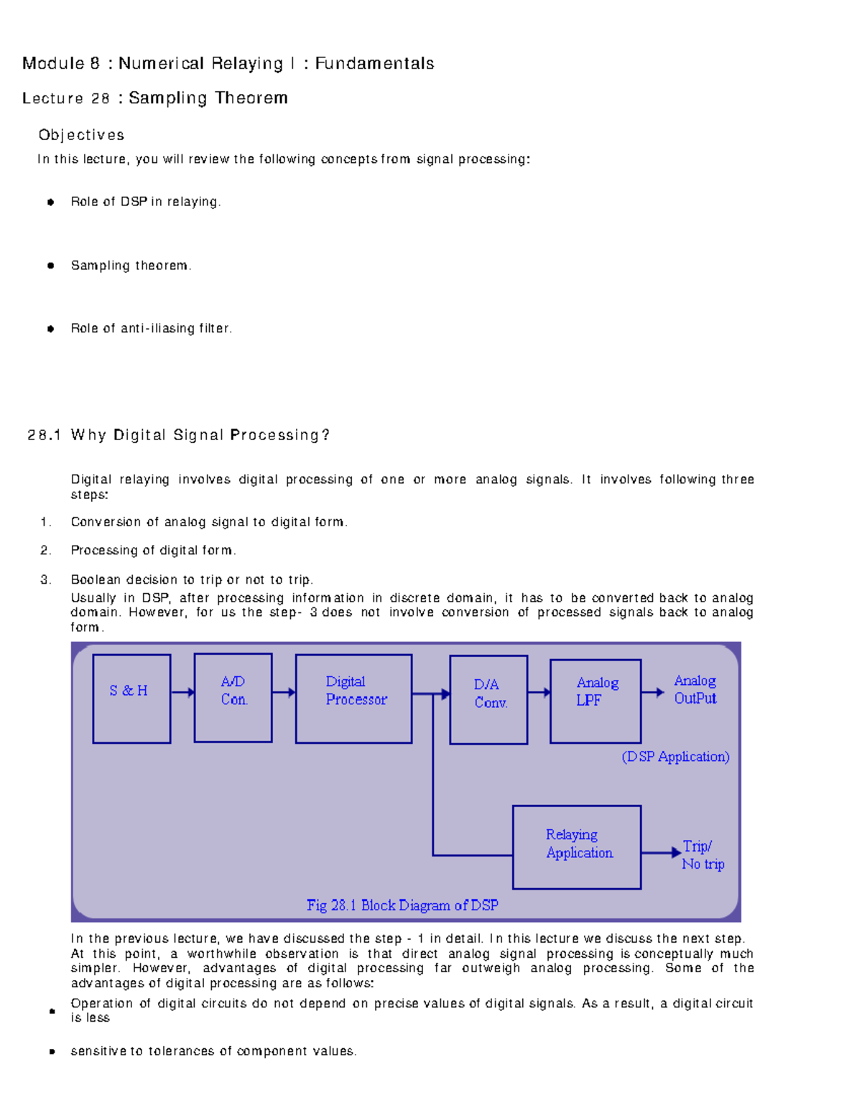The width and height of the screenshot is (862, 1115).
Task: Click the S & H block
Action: (x=131, y=698)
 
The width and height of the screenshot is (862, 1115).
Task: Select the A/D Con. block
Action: (x=233, y=697)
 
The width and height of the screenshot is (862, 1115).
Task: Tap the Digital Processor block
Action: (x=353, y=698)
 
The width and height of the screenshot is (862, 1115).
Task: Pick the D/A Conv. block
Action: (x=488, y=699)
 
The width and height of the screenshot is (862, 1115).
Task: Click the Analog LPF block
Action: (x=595, y=701)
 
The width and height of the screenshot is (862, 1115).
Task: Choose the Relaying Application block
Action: (x=576, y=846)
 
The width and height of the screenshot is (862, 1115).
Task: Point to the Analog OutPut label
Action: (x=695, y=689)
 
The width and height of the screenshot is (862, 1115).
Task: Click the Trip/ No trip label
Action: (x=703, y=854)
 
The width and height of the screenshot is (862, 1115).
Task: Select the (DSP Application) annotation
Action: (x=675, y=757)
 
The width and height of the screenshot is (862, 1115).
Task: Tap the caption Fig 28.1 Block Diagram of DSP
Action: (x=402, y=905)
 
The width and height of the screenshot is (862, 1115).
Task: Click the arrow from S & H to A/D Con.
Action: (x=182, y=692)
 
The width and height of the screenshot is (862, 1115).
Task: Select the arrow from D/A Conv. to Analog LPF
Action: (x=539, y=692)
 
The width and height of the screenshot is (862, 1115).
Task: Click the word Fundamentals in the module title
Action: (x=374, y=64)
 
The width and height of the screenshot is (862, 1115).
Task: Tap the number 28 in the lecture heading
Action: (x=100, y=98)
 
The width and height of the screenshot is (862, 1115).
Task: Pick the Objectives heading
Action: (x=81, y=135)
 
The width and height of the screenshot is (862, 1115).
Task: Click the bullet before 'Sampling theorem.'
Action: (x=50, y=266)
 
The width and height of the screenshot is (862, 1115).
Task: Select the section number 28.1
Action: (x=44, y=435)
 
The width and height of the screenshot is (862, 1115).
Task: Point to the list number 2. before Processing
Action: (x=46, y=551)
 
